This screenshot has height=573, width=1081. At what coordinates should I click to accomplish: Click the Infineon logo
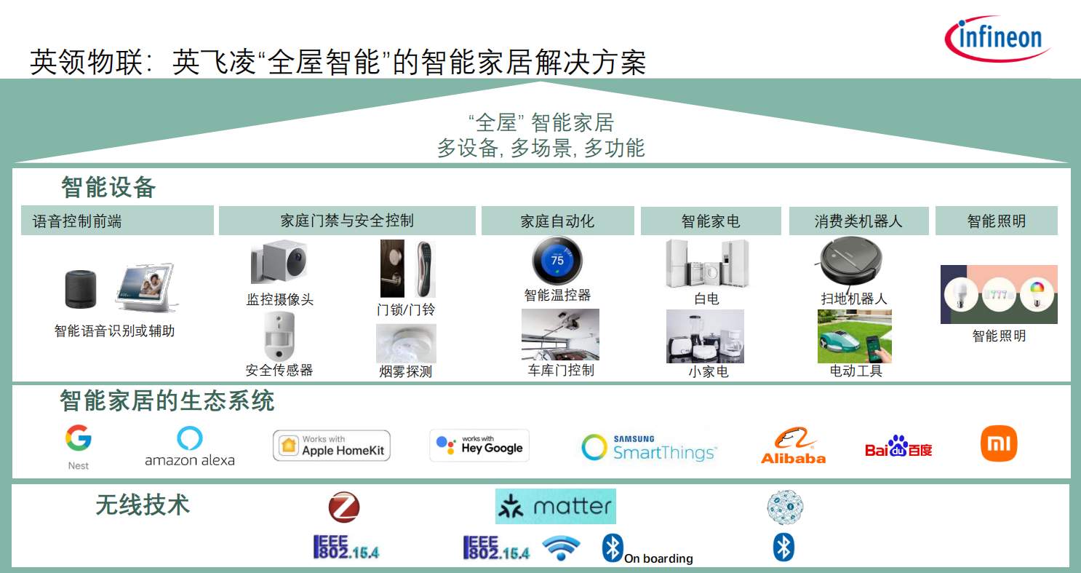[997, 39]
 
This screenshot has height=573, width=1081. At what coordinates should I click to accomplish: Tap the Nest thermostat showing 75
[557, 261]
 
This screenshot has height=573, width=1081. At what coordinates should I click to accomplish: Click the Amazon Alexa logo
[190, 446]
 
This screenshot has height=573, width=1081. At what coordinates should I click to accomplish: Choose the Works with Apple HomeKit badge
[332, 446]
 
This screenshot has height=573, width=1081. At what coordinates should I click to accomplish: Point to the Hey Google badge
[479, 445]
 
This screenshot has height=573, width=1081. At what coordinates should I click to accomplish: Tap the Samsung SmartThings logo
[649, 447]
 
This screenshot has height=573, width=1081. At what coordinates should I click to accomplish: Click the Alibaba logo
[794, 446]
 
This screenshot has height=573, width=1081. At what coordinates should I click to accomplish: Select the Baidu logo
[898, 446]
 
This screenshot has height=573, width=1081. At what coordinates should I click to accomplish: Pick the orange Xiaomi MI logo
[999, 443]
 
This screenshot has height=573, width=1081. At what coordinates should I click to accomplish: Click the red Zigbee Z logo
[343, 507]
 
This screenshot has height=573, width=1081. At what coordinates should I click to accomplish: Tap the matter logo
[556, 506]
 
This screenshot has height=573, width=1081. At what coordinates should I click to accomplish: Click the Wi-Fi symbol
[561, 548]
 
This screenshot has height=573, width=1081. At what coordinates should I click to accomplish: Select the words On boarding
[658, 558]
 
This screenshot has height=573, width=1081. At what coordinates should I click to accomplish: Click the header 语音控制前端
[77, 221]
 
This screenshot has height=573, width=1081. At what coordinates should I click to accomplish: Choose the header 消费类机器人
[858, 221]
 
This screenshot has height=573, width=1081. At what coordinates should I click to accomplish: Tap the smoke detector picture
[406, 344]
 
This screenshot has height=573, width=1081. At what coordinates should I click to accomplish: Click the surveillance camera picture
[279, 262]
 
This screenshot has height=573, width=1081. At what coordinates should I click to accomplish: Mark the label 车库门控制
[561, 371]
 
